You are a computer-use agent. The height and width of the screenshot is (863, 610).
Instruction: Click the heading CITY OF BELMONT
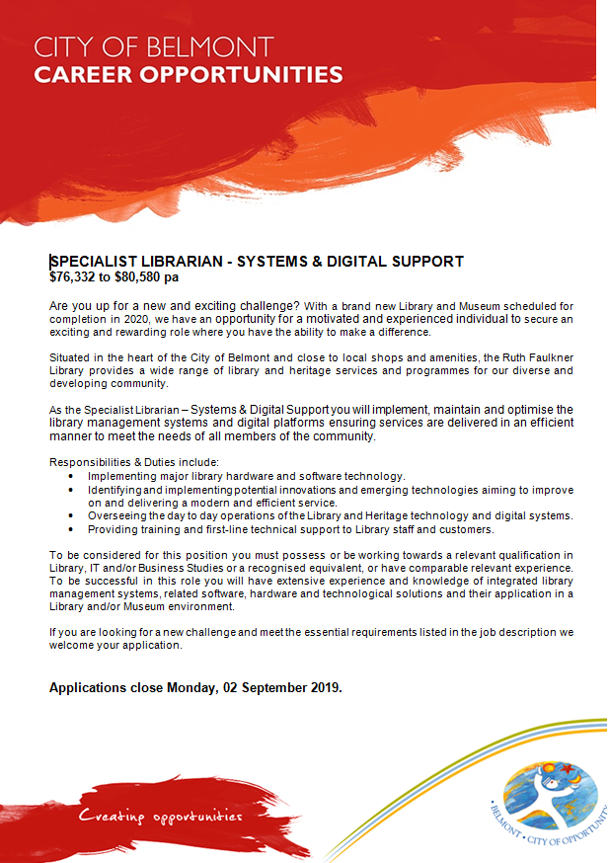click(x=156, y=46)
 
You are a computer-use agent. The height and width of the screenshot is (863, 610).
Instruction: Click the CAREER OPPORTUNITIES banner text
click(x=189, y=74)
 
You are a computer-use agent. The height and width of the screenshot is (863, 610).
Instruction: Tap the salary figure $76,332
click(x=72, y=277)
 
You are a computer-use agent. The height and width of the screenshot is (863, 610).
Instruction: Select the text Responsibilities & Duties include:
click(x=134, y=462)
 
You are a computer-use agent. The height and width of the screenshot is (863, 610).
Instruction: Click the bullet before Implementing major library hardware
click(x=70, y=476)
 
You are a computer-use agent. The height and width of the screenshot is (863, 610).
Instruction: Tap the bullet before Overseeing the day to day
click(x=70, y=516)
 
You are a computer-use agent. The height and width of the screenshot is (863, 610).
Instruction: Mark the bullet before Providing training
click(x=70, y=530)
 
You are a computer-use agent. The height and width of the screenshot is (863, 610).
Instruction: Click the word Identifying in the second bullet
click(x=119, y=490)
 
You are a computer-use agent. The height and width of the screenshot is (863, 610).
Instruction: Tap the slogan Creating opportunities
click(x=161, y=817)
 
